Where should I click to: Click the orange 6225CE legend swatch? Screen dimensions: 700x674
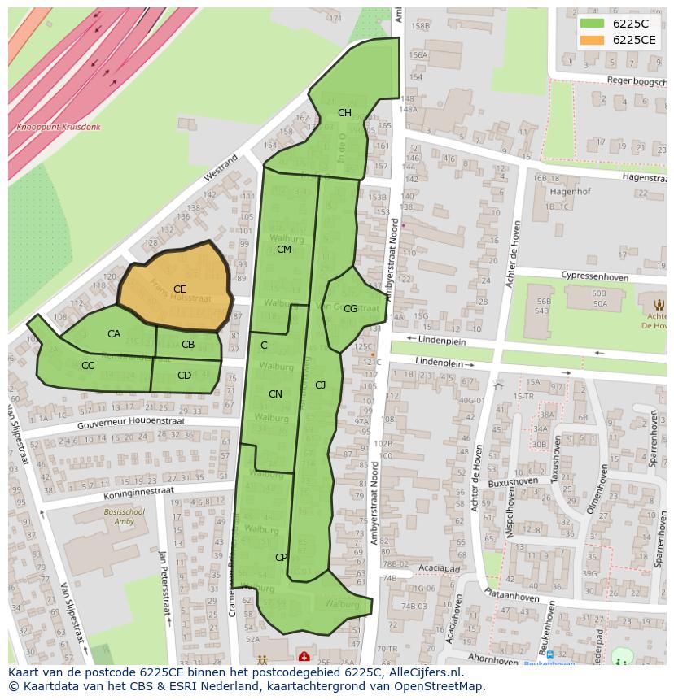tap(593, 40)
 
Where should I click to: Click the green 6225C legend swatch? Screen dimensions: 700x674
tap(593, 24)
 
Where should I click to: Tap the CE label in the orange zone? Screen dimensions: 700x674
tap(180, 289)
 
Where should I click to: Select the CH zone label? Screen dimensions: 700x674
tap(344, 113)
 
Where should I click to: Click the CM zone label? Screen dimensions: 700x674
tap(283, 250)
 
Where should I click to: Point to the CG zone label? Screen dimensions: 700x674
tap(350, 309)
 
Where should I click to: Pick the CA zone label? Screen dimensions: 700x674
tap(114, 334)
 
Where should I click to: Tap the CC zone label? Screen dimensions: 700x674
tap(88, 366)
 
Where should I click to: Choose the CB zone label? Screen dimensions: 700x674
tap(188, 345)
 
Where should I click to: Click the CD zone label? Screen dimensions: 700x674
tap(184, 376)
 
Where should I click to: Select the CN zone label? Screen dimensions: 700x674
tap(275, 394)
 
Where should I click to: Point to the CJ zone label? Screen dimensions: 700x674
tap(320, 385)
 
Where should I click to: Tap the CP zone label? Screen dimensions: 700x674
tap(281, 558)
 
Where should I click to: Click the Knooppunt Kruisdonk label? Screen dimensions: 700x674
tap(59, 128)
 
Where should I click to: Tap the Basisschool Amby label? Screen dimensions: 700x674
tap(124, 517)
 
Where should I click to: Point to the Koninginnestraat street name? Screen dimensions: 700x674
tap(138, 492)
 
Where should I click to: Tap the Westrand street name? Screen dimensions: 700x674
tap(221, 166)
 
